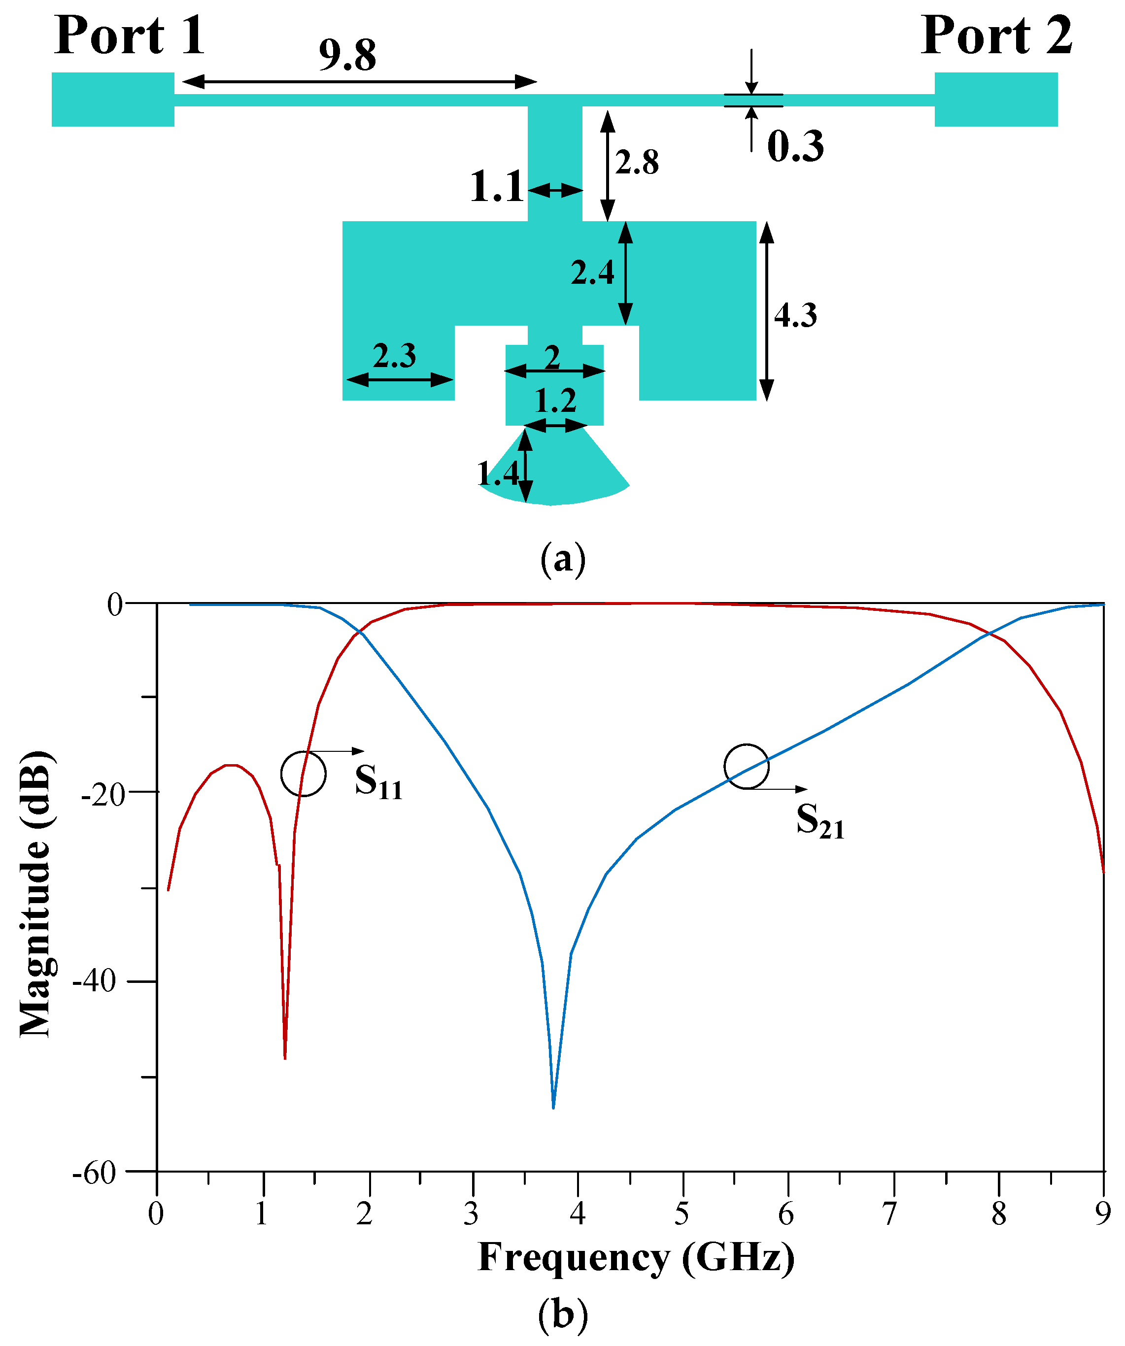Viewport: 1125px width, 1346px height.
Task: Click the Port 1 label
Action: point(130,35)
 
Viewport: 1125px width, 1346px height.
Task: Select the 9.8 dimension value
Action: point(347,55)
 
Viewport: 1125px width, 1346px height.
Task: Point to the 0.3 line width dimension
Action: point(795,146)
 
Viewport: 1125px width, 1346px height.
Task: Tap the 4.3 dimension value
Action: point(795,315)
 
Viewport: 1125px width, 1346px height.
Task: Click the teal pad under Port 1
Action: point(113,100)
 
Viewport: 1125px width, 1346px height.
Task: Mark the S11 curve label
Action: point(379,782)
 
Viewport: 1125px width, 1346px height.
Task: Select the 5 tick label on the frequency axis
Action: point(682,1214)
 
